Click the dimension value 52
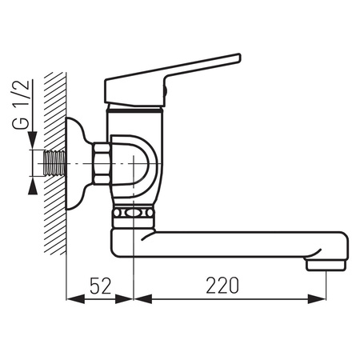pos(100,286)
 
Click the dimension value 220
pos(222,286)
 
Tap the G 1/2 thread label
pos(21,105)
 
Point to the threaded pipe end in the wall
pos(54,162)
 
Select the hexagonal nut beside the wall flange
pos(102,163)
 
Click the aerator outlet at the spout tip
pos(326,266)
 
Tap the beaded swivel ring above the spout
pos(133,213)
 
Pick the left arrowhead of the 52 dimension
pos(75,298)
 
